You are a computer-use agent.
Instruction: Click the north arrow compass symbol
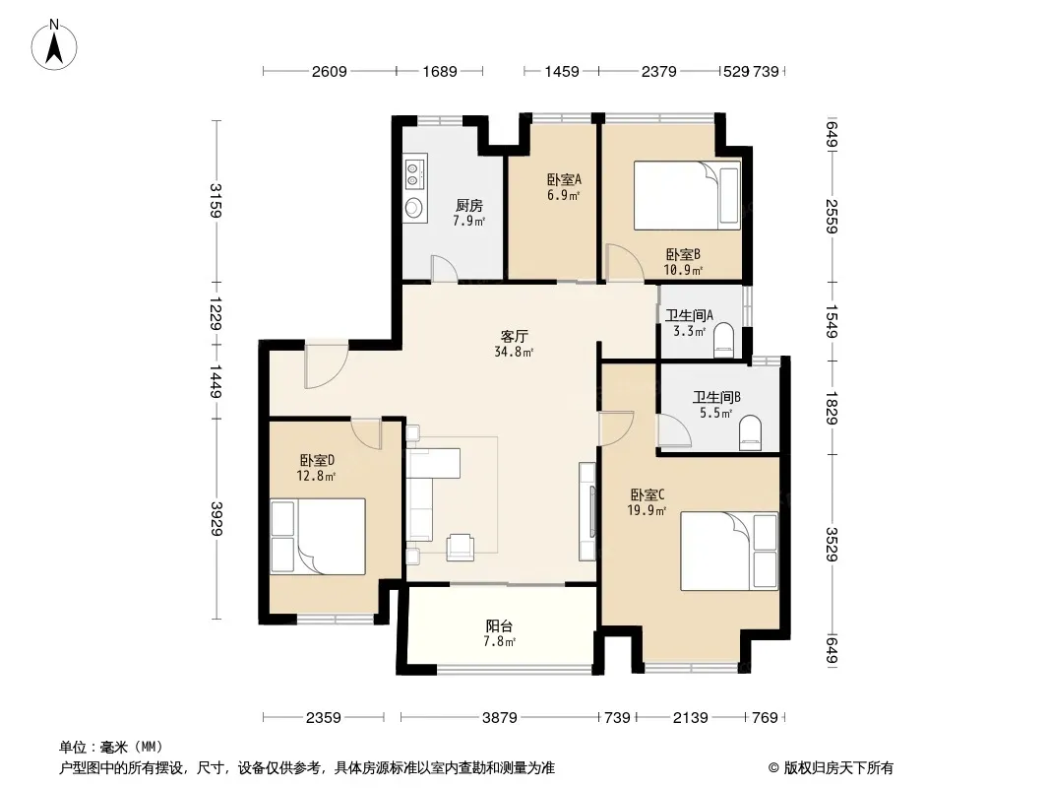[x=54, y=44]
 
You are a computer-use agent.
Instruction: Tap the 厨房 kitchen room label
[x=469, y=206]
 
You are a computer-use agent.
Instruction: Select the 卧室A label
[x=564, y=179]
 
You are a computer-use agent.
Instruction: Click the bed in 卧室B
[x=687, y=195]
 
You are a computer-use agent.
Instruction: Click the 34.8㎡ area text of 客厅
[x=514, y=352]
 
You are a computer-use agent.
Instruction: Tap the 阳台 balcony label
[x=499, y=626]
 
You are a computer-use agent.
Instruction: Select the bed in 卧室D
[x=318, y=536]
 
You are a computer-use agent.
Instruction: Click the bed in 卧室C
[x=729, y=551]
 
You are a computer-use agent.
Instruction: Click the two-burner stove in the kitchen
[x=415, y=172]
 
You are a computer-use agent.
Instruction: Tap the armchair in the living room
[x=461, y=547]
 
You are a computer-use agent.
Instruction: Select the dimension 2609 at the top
[x=329, y=71]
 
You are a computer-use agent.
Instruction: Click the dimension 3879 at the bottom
[x=500, y=718]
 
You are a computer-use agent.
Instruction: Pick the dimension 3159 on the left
[x=216, y=200]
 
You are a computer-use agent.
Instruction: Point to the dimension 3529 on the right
[x=832, y=544]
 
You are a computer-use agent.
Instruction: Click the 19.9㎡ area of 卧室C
[x=647, y=511]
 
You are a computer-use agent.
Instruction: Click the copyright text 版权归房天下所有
[x=838, y=768]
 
